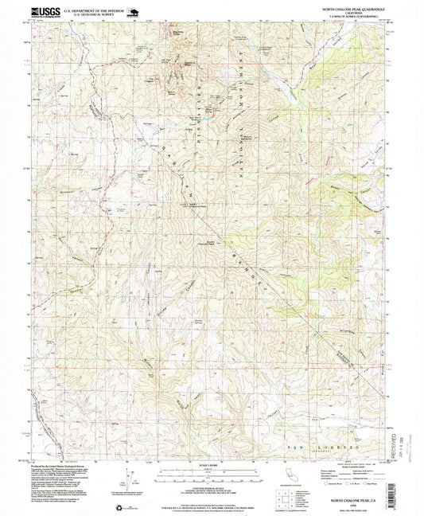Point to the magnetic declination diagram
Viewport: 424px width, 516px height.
point(130,479)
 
